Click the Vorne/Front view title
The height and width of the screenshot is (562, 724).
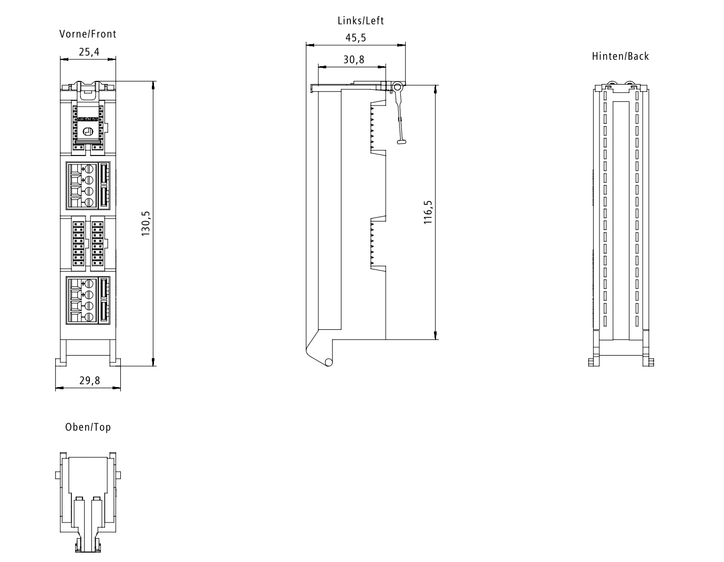(x=88, y=34)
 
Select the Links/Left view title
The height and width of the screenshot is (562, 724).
(x=361, y=20)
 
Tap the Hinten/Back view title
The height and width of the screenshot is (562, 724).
(x=620, y=56)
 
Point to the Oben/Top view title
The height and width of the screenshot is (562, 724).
(x=88, y=427)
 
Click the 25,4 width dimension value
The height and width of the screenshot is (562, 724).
(x=89, y=52)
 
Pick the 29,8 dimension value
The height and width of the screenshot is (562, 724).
(x=90, y=380)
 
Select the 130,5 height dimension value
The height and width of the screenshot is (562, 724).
(x=146, y=224)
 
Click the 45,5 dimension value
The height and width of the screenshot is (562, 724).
(x=356, y=38)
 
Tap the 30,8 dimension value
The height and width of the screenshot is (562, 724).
(x=354, y=59)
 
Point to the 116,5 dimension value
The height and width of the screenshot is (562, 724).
(x=428, y=212)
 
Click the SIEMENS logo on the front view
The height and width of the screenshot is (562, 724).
(x=88, y=119)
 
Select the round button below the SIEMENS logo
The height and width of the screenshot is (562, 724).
(x=88, y=131)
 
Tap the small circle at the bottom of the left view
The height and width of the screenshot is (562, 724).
(x=328, y=362)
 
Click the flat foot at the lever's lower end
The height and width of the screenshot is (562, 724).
(x=402, y=142)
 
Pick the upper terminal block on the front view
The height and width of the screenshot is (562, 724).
(x=88, y=186)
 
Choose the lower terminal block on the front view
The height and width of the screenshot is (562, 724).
(x=88, y=300)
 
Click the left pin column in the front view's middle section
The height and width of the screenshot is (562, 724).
(x=78, y=244)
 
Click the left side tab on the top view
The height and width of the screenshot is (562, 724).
(x=58, y=475)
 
